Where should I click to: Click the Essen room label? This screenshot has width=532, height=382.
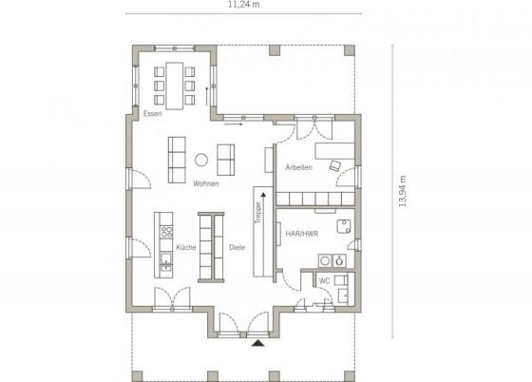click(152, 114)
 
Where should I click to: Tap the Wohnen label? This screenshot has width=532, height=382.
click(206, 183)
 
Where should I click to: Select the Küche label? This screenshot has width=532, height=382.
click(186, 247)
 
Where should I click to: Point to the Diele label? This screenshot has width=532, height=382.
click(237, 247)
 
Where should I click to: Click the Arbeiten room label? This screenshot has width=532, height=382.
click(298, 167)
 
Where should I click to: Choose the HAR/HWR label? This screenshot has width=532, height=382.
click(302, 234)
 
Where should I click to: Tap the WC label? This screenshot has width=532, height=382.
click(324, 281)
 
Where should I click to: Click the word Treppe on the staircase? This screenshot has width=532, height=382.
click(258, 213)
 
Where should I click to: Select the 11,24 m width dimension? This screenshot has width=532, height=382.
click(243, 5)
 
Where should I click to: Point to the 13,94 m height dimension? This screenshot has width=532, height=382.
click(403, 191)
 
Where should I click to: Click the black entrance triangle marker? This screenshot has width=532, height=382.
click(258, 343)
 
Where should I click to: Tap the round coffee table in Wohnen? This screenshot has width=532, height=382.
click(201, 160)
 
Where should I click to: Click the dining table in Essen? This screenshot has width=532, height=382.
click(175, 86)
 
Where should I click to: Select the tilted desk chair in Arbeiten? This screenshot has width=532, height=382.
click(335, 165)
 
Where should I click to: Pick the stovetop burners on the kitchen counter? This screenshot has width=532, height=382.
click(166, 232)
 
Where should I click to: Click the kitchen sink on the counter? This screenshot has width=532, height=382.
click(166, 261)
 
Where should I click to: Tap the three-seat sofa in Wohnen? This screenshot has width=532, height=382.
click(177, 160)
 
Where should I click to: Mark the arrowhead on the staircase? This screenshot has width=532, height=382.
click(263, 195)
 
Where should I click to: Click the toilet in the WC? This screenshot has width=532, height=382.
click(341, 280)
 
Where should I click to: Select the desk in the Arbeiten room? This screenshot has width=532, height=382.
click(334, 151)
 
